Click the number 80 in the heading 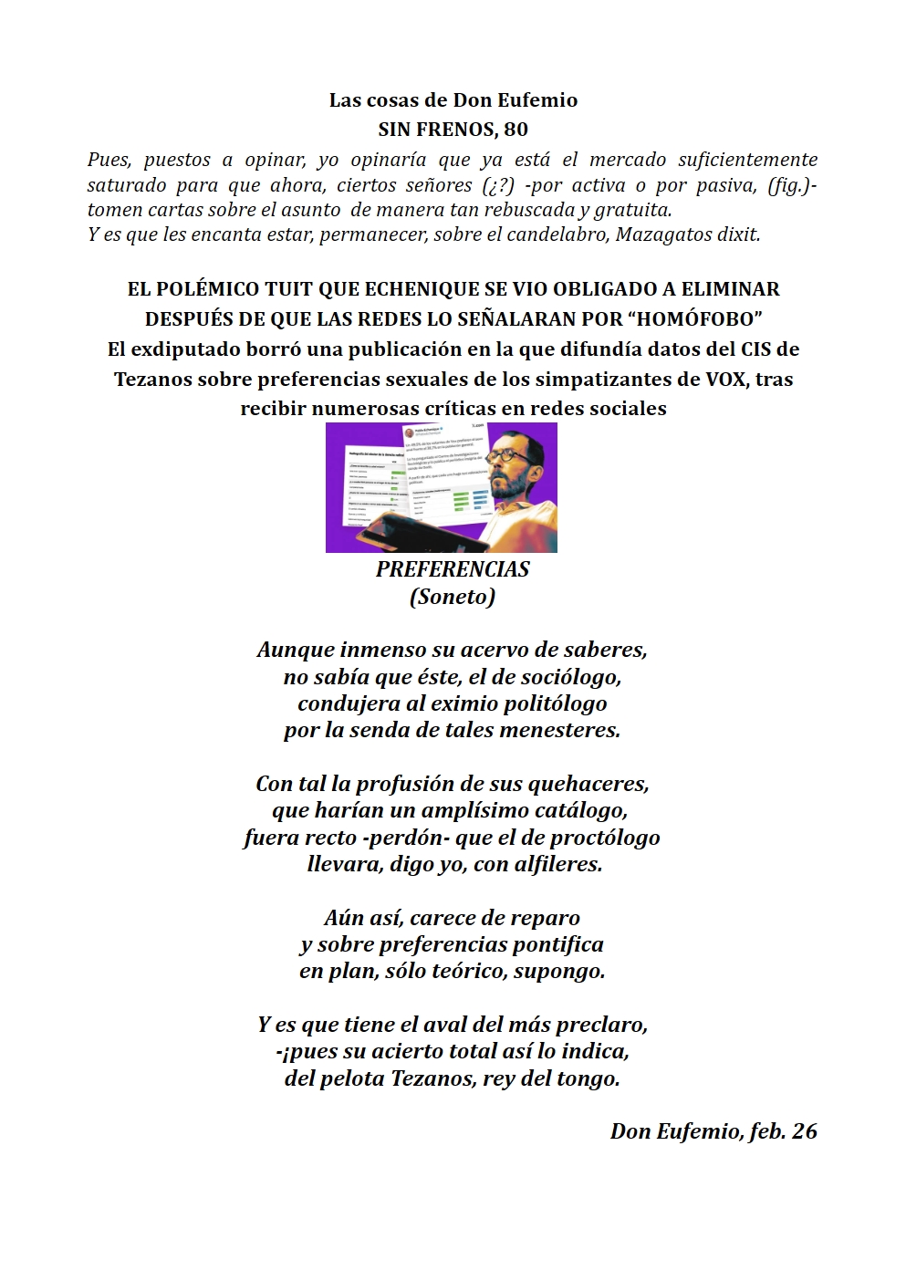click(x=515, y=130)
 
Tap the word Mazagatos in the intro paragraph click(x=661, y=234)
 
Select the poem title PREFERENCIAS click(x=453, y=569)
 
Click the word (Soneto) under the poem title click(x=453, y=597)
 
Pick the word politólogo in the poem click(x=546, y=703)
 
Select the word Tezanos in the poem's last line click(x=432, y=1078)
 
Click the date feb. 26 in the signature click(x=783, y=1131)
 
